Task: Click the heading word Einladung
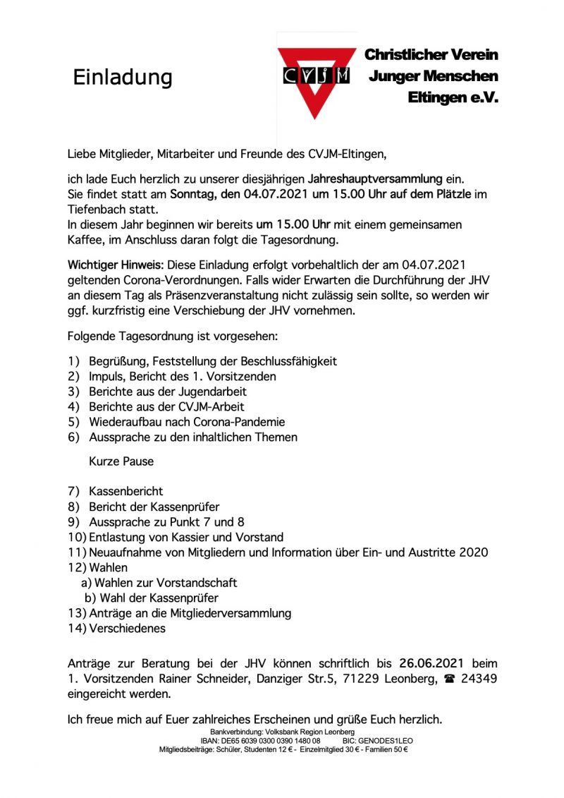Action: (123, 77)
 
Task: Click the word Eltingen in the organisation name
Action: (438, 99)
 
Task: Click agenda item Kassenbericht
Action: (125, 490)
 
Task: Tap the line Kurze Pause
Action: (121, 462)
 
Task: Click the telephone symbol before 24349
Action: (448, 679)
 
